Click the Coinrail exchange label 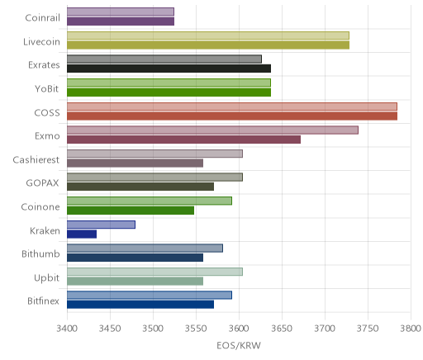point(42,18)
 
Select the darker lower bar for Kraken point(82,234)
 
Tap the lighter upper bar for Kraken point(101,225)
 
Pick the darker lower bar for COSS point(232,116)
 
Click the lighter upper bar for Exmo point(212,130)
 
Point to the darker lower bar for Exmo point(184,140)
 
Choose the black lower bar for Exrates point(169,69)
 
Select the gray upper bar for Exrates point(164,59)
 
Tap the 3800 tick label point(411,329)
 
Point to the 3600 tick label point(239,329)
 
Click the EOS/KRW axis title point(239,345)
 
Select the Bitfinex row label point(43,301)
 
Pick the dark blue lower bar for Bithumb point(135,258)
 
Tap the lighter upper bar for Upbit point(154,272)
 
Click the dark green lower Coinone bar point(131,211)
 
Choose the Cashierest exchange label point(36,160)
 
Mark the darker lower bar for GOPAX point(140,187)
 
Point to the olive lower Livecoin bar point(208,45)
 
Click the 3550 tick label point(196,329)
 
